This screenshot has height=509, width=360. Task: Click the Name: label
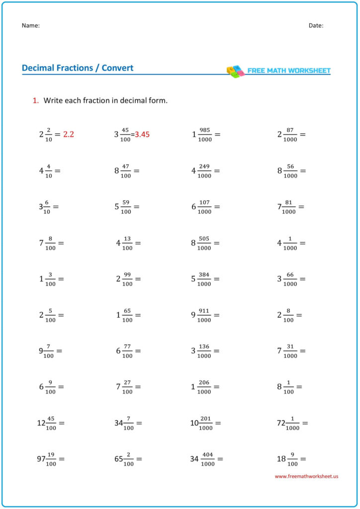[31, 25]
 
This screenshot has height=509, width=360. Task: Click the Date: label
[316, 25]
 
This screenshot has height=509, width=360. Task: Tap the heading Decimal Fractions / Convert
[78, 68]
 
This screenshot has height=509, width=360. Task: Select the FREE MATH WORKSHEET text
[289, 71]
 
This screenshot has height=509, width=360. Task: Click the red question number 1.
[35, 100]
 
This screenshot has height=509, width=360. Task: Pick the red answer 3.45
[142, 134]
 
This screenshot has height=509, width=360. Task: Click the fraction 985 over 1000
[204, 134]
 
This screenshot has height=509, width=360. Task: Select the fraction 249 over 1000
[204, 170]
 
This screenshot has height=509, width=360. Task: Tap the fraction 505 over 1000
[204, 243]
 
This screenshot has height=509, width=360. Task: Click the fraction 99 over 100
[127, 279]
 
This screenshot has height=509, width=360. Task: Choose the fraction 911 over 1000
[204, 315]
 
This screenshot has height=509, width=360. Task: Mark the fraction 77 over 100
[127, 351]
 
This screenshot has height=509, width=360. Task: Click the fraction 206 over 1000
[204, 387]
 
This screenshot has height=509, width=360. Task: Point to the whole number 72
[281, 423]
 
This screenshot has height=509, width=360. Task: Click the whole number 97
[41, 459]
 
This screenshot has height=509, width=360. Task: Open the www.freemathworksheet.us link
[306, 476]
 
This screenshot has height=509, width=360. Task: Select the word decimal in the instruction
[126, 100]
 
